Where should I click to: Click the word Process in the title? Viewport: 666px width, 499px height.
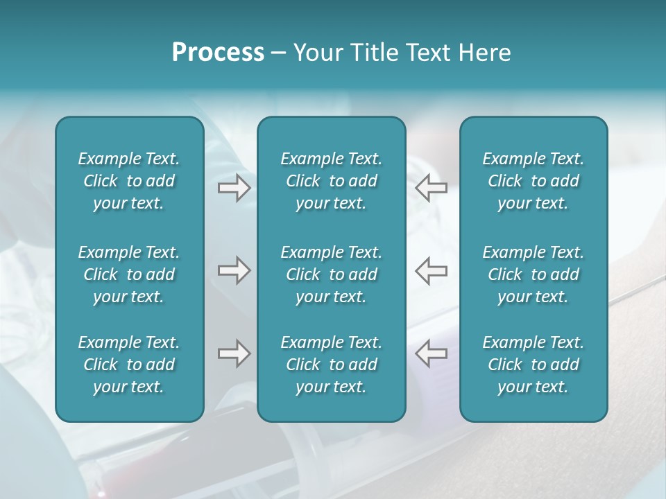218,53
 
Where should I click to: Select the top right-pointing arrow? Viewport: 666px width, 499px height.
234,188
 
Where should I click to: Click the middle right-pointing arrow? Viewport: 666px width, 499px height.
234,270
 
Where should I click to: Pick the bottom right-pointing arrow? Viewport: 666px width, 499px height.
234,353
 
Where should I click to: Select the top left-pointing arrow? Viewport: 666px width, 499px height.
431,188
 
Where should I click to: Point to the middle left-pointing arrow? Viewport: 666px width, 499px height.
431,270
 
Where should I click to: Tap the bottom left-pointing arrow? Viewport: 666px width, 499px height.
431,353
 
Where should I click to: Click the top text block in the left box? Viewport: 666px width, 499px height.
129,181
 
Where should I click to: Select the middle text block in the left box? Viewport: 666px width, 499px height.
129,274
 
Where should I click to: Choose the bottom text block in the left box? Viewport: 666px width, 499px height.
129,365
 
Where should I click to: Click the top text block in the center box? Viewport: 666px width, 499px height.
332,181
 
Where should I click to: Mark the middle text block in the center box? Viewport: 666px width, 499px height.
332,274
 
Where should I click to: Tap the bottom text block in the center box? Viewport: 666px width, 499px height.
332,365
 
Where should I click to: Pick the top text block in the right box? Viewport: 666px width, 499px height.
533,181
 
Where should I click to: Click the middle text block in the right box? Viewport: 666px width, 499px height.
533,274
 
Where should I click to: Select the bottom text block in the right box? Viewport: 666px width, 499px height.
533,365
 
